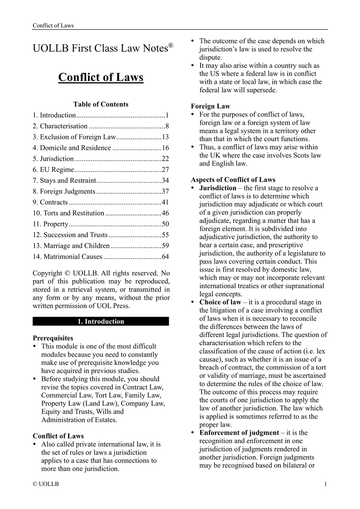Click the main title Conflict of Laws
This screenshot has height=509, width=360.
(101, 77)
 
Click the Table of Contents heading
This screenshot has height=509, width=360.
(101, 104)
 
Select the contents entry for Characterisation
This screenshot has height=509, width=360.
(64, 126)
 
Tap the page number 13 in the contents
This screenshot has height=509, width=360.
(165, 137)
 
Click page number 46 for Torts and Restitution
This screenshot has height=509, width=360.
(165, 213)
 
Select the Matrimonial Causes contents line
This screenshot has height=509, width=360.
(67, 257)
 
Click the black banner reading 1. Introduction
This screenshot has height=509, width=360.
(101, 321)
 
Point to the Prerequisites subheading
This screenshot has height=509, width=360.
(53, 338)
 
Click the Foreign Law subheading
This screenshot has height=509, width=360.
(211, 106)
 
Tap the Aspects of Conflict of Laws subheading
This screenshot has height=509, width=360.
(233, 180)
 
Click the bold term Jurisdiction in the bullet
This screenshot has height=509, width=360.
(218, 188)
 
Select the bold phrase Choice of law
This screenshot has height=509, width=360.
(220, 302)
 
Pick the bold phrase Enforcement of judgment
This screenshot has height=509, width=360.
(239, 433)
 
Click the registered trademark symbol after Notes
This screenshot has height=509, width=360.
(171, 45)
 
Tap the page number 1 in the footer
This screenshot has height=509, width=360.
(326, 485)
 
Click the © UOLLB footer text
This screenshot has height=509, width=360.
(46, 485)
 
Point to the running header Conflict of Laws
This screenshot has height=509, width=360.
(53, 26)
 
